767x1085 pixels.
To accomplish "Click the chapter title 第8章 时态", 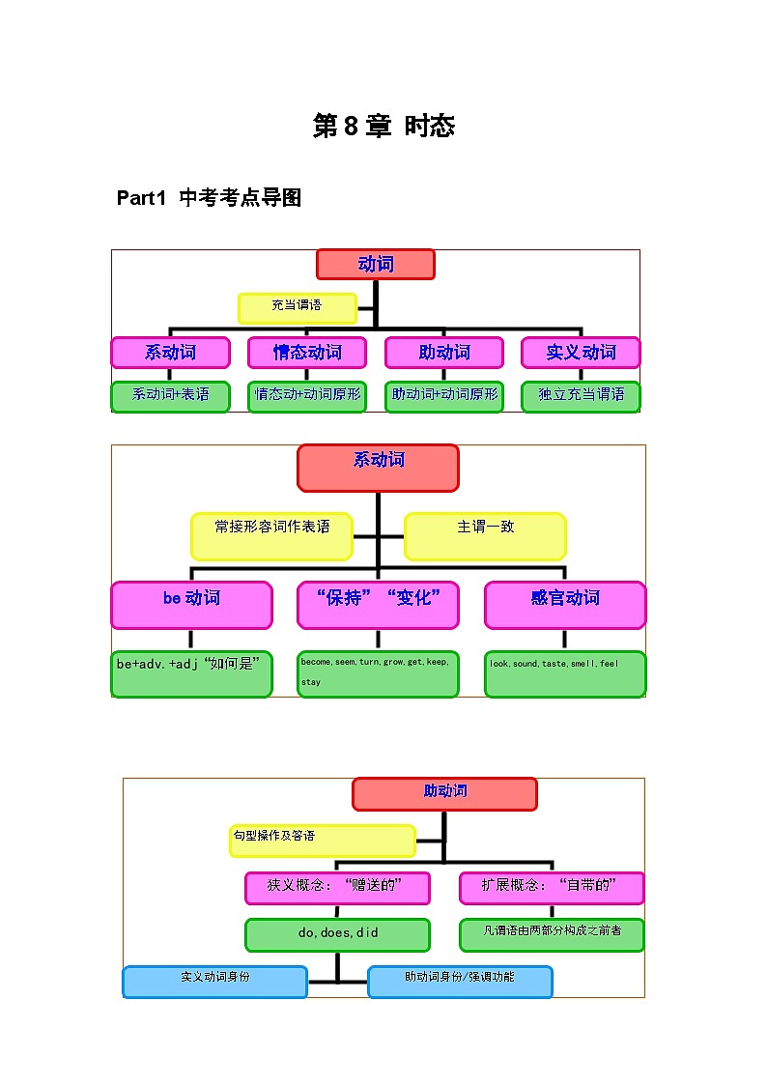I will [383, 127].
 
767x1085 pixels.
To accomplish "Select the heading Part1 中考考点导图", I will [209, 198].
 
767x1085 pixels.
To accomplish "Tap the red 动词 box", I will [375, 265].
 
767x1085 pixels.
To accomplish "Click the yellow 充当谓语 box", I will [297, 307].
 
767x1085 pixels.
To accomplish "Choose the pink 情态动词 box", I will [306, 353].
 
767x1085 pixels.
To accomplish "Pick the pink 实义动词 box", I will [581, 353].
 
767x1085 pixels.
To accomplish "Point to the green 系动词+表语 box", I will [170, 396].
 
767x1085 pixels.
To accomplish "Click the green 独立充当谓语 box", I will [581, 396].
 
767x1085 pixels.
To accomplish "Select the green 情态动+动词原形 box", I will [306, 396].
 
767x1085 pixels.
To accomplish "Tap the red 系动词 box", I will [378, 468].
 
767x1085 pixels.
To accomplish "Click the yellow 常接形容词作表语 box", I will [271, 536].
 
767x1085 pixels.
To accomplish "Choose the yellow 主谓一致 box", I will [485, 536].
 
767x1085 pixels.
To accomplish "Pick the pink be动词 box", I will [191, 605].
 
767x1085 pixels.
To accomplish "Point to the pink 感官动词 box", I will [565, 605].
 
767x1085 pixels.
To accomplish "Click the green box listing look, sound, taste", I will [565, 673].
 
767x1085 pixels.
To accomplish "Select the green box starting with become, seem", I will [378, 673].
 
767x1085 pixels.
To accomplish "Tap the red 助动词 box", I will [444, 794].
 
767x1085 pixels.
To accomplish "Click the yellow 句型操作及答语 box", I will [322, 841].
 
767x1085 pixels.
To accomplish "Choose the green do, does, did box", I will [337, 934].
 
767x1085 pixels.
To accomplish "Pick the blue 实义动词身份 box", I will [214, 982].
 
